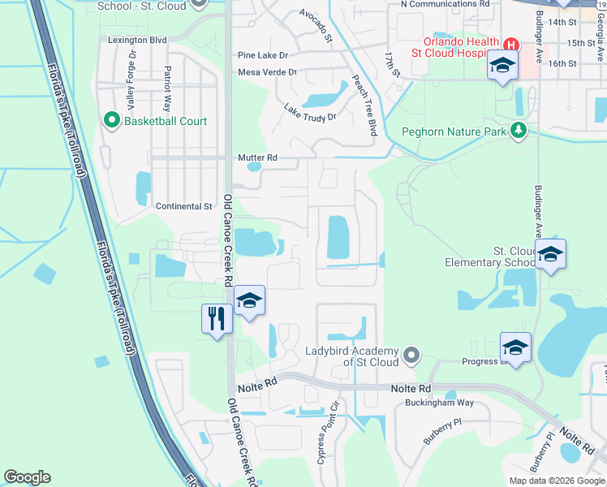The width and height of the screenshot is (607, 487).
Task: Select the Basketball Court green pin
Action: click(112, 121)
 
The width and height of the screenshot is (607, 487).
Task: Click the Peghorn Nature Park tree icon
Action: click(517, 131)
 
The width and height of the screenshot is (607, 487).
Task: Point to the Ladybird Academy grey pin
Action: click(412, 355)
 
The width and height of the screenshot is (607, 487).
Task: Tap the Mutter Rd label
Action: click(257, 157)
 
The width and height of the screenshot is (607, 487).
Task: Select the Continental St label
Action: click(183, 206)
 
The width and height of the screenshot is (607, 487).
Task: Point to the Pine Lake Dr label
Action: click(263, 55)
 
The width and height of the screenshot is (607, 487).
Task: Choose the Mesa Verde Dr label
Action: click(267, 72)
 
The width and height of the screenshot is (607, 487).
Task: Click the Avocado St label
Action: click(316, 25)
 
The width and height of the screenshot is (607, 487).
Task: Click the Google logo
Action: click(28, 477)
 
